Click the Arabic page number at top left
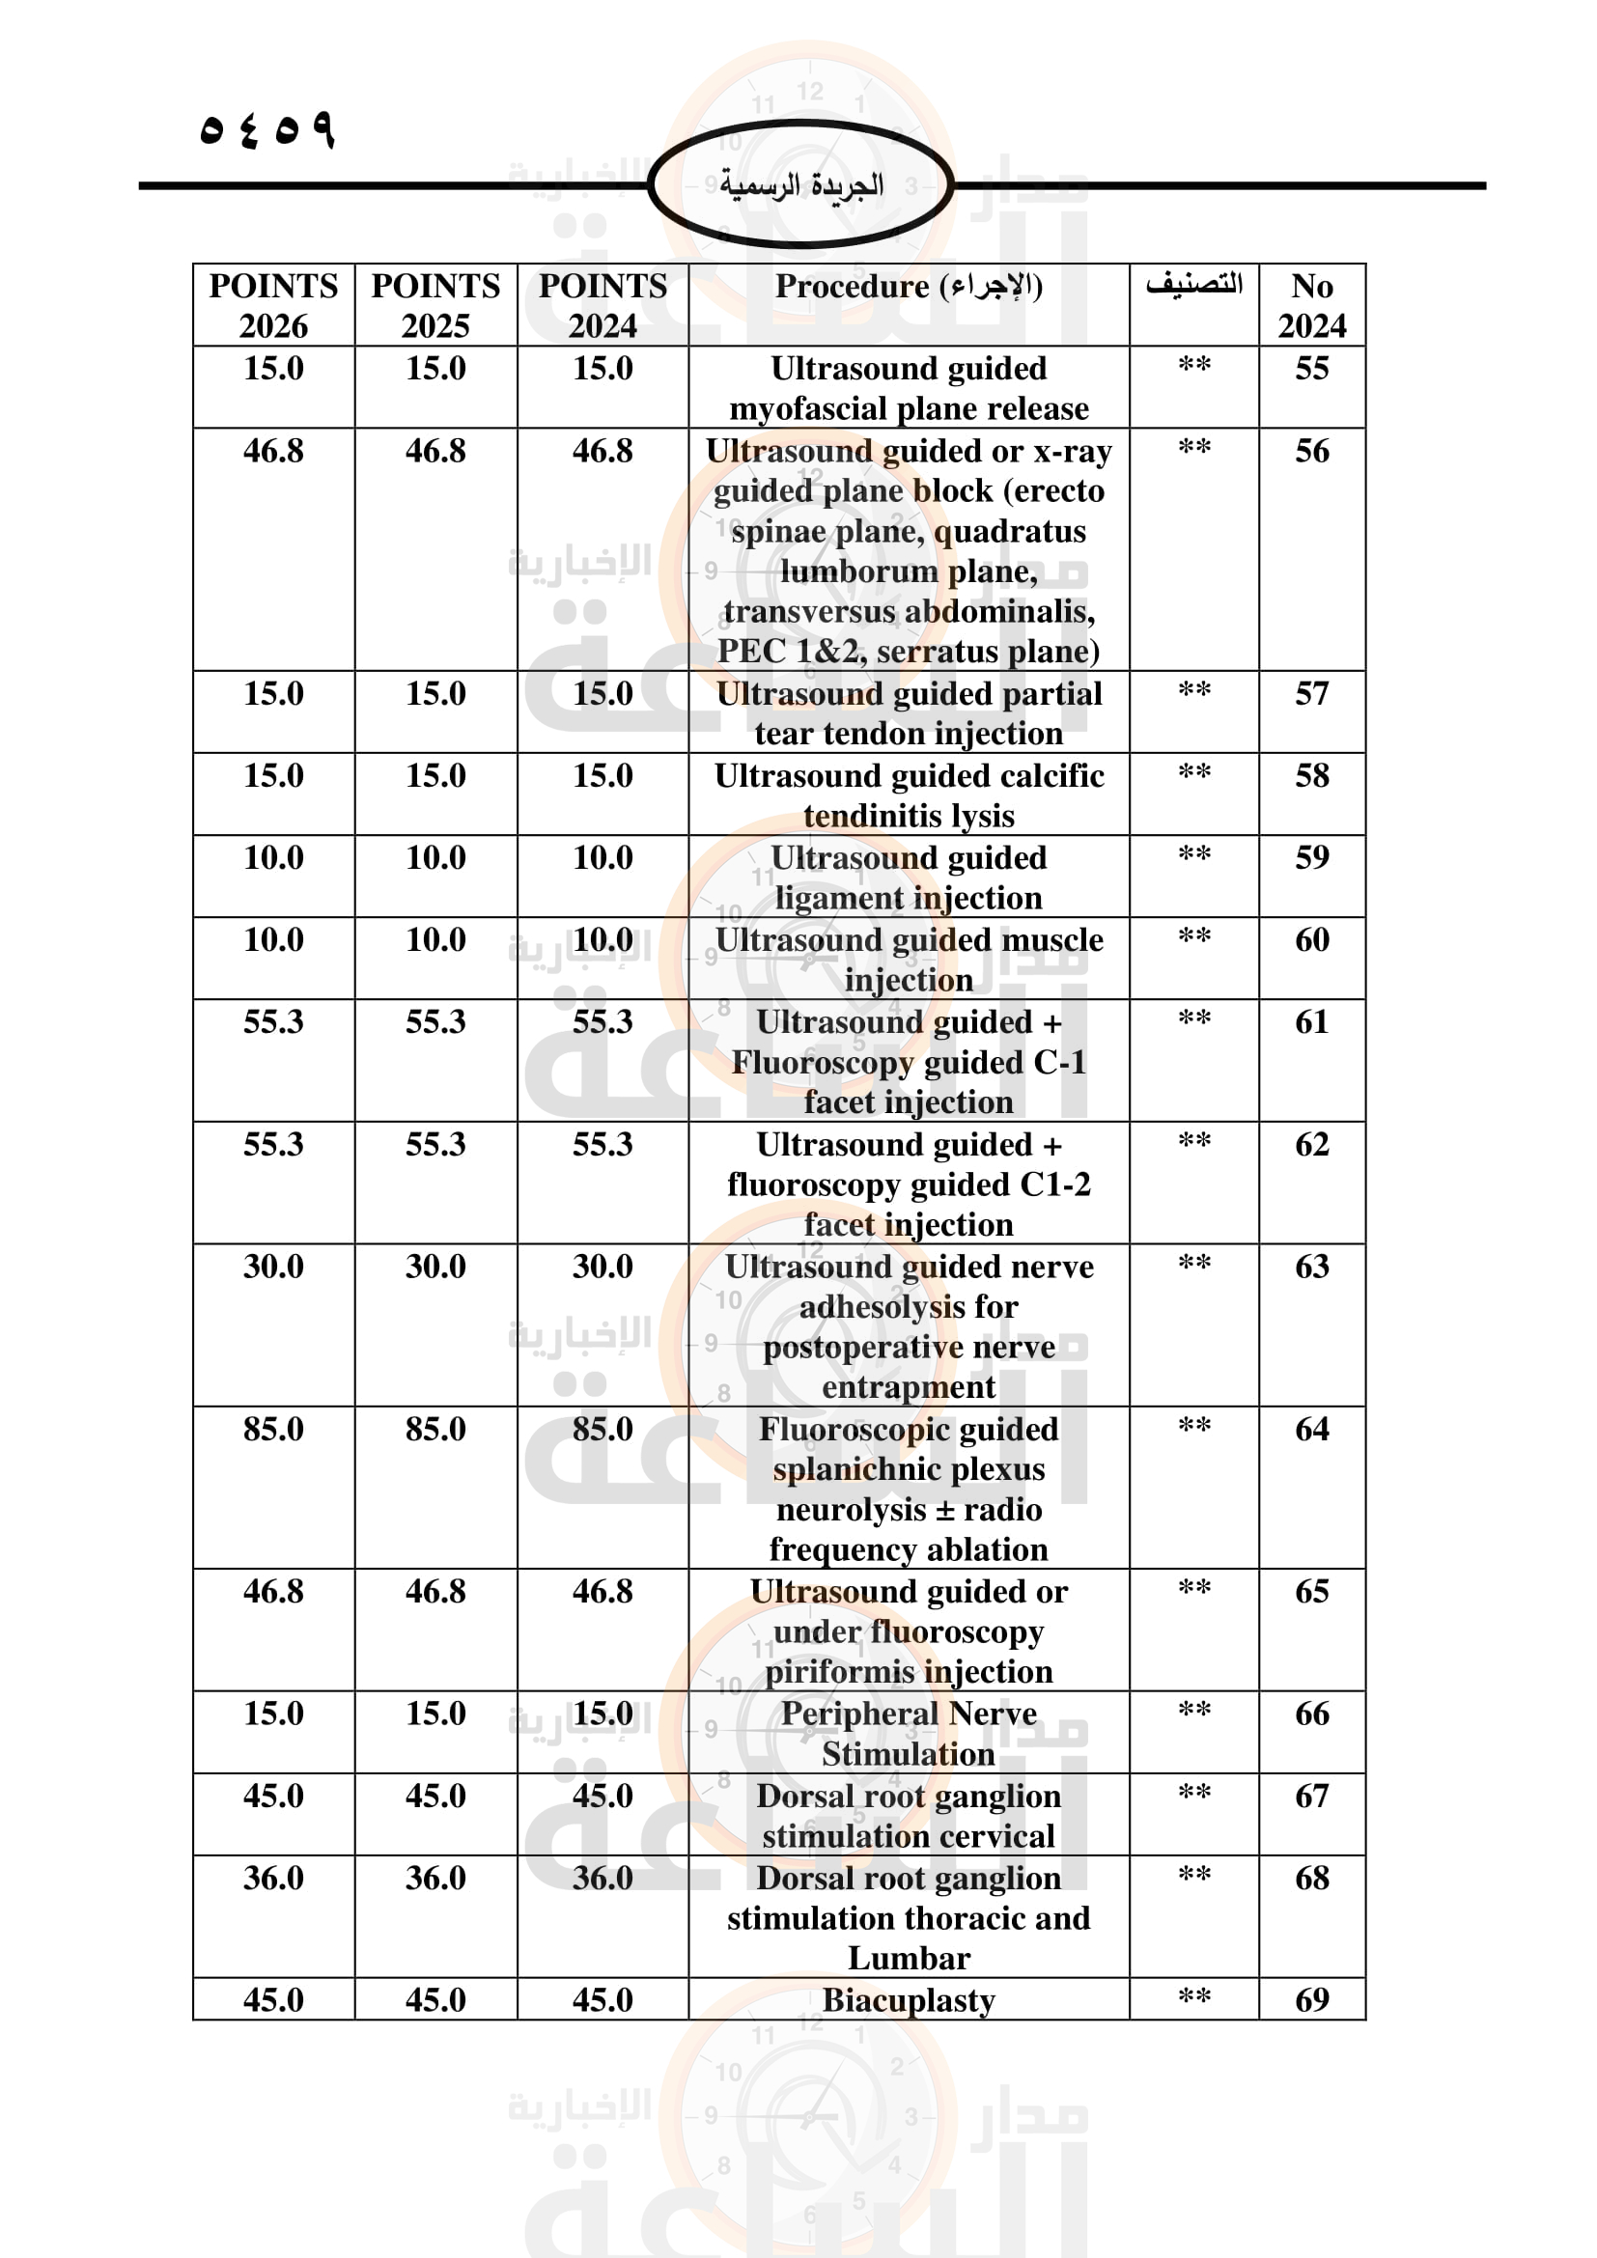click(267, 128)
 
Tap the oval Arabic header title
click(800, 185)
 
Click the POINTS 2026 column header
click(273, 305)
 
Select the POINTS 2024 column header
click(602, 305)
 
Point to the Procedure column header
click(909, 286)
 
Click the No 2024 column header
click(1312, 305)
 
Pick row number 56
click(1312, 452)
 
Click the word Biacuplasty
click(909, 2000)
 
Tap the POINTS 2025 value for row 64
click(435, 1429)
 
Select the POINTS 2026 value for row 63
click(273, 1267)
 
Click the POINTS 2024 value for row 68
click(602, 1879)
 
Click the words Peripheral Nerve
click(909, 1714)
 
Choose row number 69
click(1312, 2000)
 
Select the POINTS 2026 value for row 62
click(273, 1145)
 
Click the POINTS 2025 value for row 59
click(435, 857)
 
